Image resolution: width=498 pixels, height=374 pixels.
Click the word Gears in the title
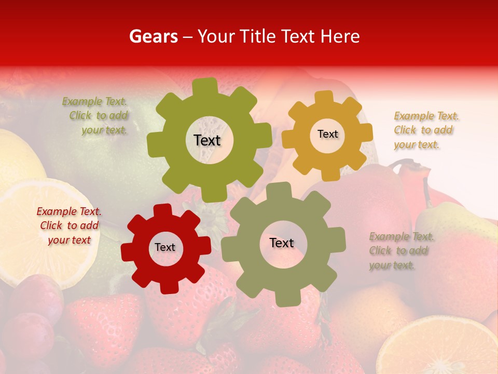(154, 36)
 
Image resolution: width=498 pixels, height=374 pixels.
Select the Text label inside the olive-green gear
(207, 140)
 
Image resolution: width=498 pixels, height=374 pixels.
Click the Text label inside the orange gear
(327, 134)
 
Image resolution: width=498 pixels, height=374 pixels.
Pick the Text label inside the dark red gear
(165, 248)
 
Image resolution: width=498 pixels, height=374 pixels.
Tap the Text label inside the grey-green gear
(282, 243)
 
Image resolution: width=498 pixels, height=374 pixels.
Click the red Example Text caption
(69, 226)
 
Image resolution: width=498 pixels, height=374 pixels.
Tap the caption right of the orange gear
(423, 130)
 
